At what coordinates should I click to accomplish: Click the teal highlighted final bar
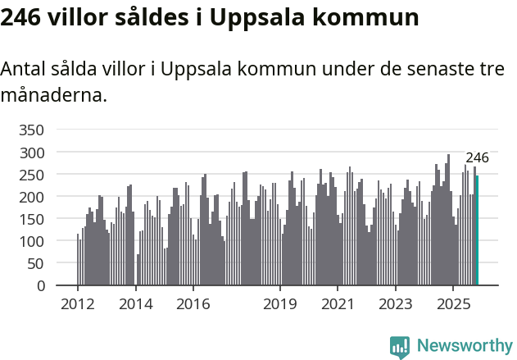tap(477, 231)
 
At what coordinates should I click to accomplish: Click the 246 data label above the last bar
tap(477, 158)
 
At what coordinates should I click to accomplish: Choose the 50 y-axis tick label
tap(35, 264)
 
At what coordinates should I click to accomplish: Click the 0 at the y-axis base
tap(40, 286)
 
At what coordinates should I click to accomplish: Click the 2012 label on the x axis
tap(78, 304)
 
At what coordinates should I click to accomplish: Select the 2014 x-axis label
tap(135, 304)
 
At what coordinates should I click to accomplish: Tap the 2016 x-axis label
tap(193, 304)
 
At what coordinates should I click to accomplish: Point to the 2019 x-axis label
tap(280, 304)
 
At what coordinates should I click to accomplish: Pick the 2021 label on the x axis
tap(338, 304)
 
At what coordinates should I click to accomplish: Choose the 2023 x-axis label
tap(396, 304)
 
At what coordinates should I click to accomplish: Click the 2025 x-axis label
tap(453, 304)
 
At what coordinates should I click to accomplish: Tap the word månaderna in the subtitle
tap(53, 95)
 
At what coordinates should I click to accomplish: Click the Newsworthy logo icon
tap(400, 347)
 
